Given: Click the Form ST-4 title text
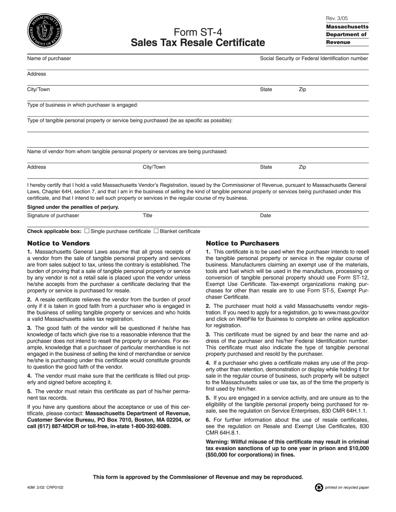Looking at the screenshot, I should click(x=197, y=32).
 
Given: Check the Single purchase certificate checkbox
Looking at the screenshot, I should click(x=87, y=231).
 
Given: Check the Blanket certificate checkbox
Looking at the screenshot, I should click(x=156, y=231).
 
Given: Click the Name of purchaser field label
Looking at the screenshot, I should click(x=49, y=59).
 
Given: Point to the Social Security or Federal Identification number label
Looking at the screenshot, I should click(x=314, y=59).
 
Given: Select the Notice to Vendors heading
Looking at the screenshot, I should click(x=58, y=243).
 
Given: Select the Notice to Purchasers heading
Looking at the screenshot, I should click(x=243, y=243).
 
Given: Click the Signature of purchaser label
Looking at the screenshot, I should click(x=53, y=216).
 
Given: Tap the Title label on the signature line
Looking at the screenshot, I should click(x=148, y=216).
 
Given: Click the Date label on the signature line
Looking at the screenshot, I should click(x=266, y=216).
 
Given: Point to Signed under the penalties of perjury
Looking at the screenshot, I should click(x=73, y=207).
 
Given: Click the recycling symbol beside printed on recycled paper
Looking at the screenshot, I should click(x=319, y=487).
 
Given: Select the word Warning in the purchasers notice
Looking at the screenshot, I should click(x=218, y=442).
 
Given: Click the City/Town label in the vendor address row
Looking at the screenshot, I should click(x=154, y=167).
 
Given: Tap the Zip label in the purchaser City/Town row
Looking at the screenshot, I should click(x=302, y=89).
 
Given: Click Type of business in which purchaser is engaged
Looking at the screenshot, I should click(x=83, y=105).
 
